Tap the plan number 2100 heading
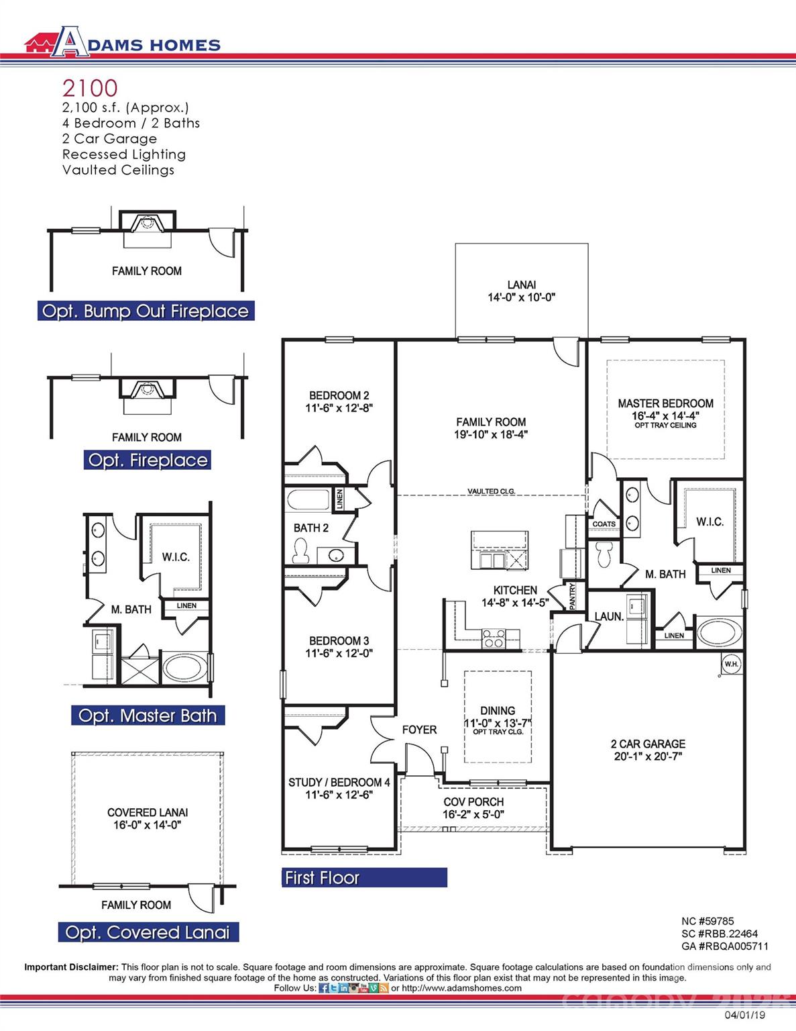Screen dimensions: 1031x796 coord(90,88)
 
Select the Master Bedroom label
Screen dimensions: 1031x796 coord(665,403)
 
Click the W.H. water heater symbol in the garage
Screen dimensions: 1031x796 coord(730,665)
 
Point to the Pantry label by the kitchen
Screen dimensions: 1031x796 coord(572,596)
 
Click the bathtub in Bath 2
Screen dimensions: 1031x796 coord(308,501)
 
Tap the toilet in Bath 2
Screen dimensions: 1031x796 coord(300,551)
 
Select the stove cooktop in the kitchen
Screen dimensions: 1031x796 coord(494,638)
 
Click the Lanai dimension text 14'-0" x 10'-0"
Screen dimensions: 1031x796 coord(521,297)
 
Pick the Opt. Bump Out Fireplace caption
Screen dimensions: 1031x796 coord(146,311)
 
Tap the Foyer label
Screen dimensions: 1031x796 coord(419,730)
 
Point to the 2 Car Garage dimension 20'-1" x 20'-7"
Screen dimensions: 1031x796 coord(648,756)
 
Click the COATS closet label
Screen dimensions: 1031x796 coord(604,524)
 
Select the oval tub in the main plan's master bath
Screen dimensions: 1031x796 coord(720,632)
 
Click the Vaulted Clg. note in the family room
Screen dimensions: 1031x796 coord(491,491)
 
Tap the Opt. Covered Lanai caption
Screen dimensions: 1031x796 coord(148,932)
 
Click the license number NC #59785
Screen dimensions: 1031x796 coord(707,922)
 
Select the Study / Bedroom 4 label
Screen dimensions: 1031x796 coord(339,783)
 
